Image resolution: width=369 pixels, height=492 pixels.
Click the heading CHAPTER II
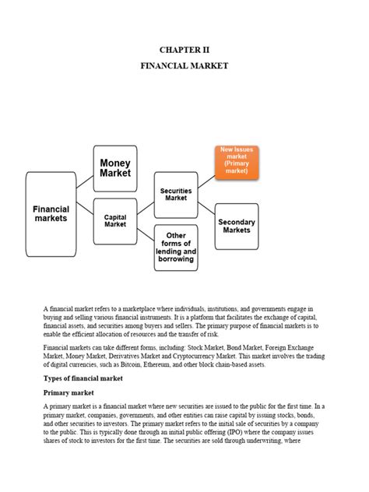(x=184, y=48)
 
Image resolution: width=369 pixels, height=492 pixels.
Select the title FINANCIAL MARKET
(x=184, y=66)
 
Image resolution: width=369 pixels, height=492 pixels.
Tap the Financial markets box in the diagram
(x=51, y=214)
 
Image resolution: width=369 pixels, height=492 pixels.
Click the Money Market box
(x=115, y=168)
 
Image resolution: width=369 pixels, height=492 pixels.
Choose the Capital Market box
(x=115, y=220)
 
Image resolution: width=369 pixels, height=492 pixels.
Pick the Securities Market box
(x=176, y=194)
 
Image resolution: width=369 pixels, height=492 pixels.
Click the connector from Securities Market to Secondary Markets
(x=206, y=208)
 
